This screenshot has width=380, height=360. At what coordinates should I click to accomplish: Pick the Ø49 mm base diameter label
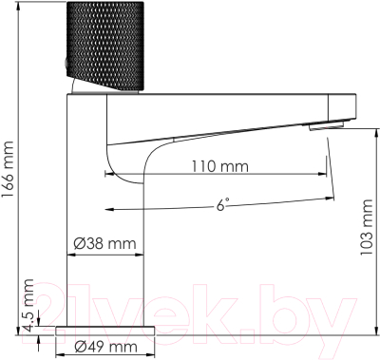pyautogui.click(x=104, y=346)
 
